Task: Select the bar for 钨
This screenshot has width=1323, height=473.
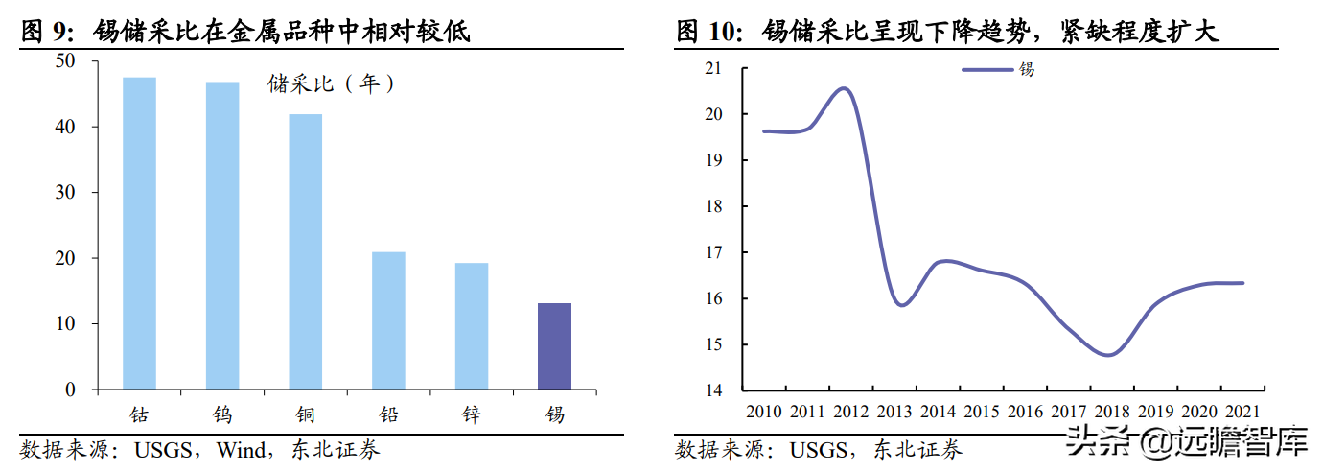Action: (222, 236)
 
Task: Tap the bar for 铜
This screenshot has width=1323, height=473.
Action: (306, 251)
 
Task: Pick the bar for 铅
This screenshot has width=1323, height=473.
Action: (388, 320)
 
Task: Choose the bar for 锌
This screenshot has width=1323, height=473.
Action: (472, 326)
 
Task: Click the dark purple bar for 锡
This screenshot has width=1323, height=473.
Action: (554, 346)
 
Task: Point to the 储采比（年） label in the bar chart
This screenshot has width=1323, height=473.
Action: (332, 84)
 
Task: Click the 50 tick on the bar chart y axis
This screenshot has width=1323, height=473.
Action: (65, 60)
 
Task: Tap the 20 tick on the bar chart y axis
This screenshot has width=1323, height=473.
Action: (65, 258)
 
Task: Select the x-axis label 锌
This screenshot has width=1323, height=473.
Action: (472, 414)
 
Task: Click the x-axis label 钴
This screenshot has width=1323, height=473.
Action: (140, 414)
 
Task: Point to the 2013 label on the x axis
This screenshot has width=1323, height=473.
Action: (895, 411)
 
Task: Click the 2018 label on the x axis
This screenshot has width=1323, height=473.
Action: (1112, 411)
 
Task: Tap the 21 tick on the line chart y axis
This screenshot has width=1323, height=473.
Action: (712, 68)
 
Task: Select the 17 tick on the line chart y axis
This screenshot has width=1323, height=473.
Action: (712, 252)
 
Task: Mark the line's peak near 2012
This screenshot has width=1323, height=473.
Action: (844, 89)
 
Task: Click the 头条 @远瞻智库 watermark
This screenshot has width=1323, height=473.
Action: (1188, 441)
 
